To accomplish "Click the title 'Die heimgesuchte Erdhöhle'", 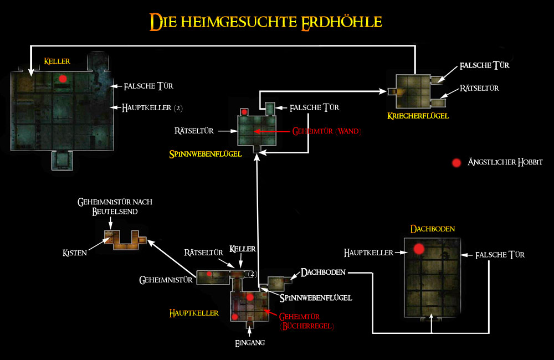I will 265,22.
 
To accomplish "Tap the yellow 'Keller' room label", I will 58,60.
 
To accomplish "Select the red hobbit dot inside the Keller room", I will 63,79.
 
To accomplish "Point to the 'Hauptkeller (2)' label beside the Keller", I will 152,107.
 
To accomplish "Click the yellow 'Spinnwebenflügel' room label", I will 205,154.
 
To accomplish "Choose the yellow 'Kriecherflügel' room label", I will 418,116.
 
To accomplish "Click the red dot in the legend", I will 456,163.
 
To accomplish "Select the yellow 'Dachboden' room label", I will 429,228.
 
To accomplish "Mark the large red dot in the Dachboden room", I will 418,249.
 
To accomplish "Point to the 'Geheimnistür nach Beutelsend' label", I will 115,207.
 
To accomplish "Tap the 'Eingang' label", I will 249,343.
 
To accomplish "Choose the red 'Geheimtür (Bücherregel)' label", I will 306,321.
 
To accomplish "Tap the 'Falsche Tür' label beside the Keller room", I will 149,86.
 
